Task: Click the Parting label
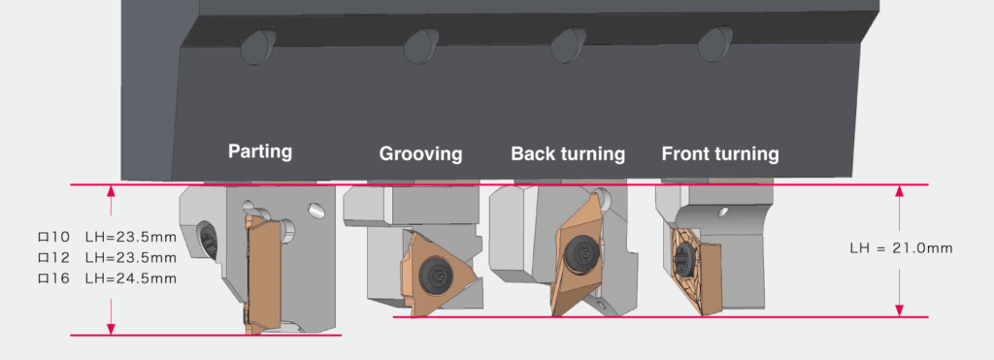pyautogui.click(x=260, y=151)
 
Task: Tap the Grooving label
pyautogui.click(x=420, y=153)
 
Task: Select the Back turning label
pyautogui.click(x=568, y=153)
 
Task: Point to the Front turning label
pyautogui.click(x=720, y=153)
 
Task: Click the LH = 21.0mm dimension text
pyautogui.click(x=901, y=247)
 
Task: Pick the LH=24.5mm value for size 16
pyautogui.click(x=131, y=278)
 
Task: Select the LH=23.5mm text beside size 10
pyautogui.click(x=131, y=238)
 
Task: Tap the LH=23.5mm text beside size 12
pyautogui.click(x=131, y=258)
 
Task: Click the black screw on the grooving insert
pyautogui.click(x=435, y=274)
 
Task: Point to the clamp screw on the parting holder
pyautogui.click(x=208, y=239)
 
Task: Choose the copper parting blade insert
pyautogui.click(x=262, y=273)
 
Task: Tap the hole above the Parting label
pyautogui.click(x=257, y=47)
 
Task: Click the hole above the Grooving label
pyautogui.click(x=421, y=45)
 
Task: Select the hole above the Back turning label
pyautogui.click(x=568, y=45)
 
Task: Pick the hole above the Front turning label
pyautogui.click(x=715, y=44)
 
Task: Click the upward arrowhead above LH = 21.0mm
pyautogui.click(x=899, y=191)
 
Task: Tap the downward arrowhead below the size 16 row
pyautogui.click(x=111, y=329)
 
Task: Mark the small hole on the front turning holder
pyautogui.click(x=721, y=213)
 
